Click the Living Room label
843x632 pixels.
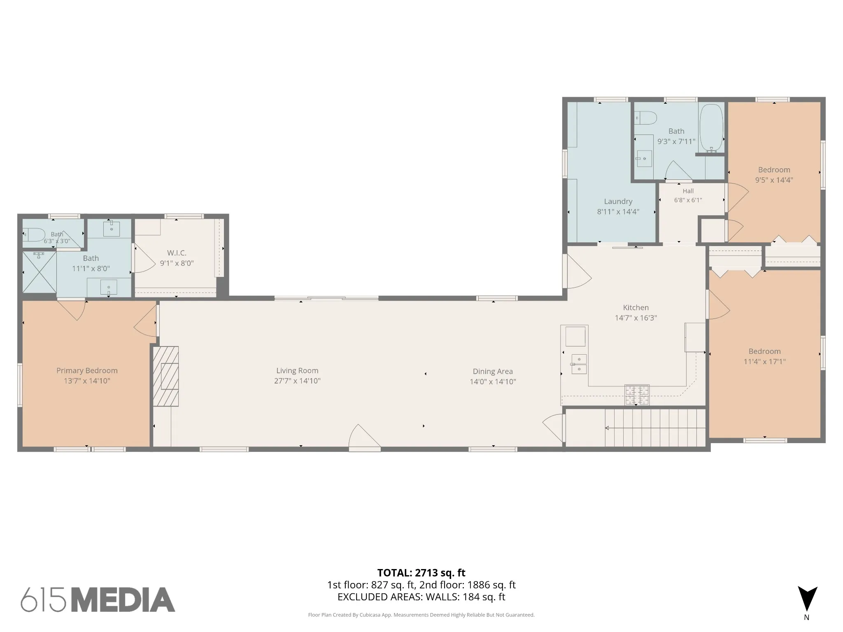tap(297, 371)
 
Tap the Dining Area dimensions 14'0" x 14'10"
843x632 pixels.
tap(493, 382)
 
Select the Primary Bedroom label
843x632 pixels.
tap(87, 371)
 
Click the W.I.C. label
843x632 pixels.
tap(177, 253)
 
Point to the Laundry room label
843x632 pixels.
tap(618, 202)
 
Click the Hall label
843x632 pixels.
tap(688, 191)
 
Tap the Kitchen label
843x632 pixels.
tap(636, 307)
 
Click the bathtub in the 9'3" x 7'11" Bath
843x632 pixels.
tap(711, 128)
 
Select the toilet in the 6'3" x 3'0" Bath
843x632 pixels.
tap(34, 235)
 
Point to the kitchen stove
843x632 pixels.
tap(637, 395)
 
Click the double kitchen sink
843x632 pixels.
tap(579, 364)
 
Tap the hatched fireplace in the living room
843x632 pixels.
tap(166, 376)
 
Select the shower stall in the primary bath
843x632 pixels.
tap(39, 272)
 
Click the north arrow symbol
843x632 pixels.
tap(807, 599)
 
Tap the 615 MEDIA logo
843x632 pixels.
tap(98, 599)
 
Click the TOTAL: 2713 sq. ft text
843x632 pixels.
tap(421, 573)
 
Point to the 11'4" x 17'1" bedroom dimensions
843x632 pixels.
tap(764, 362)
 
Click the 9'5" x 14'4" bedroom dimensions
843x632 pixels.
tap(774, 180)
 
